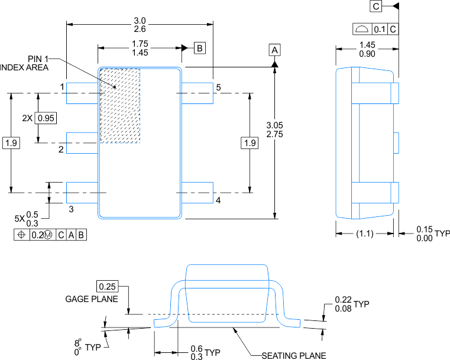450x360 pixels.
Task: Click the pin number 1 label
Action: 61,87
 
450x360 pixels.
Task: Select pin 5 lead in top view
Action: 196,93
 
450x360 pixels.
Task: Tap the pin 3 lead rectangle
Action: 82,193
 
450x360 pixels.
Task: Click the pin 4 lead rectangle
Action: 196,193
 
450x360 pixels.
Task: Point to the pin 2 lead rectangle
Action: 82,142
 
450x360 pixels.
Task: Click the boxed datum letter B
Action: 200,48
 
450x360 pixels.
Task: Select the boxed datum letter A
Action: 274,50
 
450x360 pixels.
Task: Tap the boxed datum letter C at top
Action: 376,7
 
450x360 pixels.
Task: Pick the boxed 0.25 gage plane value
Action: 108,286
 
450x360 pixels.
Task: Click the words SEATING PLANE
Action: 294,355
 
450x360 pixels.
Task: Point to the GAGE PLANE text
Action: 91,299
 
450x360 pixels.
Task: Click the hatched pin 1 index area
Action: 119,105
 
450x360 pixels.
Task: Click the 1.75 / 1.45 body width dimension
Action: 140,48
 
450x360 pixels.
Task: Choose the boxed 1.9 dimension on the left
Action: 11,142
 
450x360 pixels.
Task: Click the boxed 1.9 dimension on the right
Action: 250,142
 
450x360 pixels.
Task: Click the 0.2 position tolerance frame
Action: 50,235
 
